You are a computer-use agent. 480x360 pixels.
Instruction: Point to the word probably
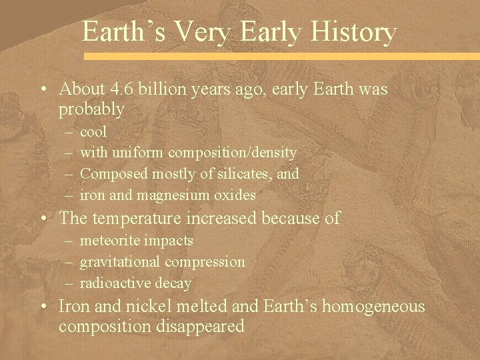pos(91,108)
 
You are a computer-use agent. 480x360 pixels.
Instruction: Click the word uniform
pos(137,153)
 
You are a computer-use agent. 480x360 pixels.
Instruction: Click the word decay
pos(173,283)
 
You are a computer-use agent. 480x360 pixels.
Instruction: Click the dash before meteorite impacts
pos(69,241)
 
